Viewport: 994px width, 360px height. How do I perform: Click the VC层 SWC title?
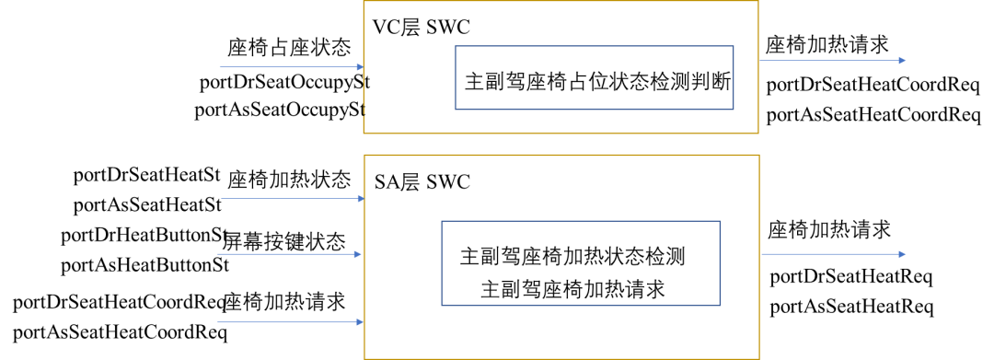[x=421, y=28]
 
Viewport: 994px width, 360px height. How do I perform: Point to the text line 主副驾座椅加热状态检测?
[x=572, y=256]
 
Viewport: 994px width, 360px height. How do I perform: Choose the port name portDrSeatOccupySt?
[x=283, y=83]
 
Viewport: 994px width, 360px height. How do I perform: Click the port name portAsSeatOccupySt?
[x=281, y=110]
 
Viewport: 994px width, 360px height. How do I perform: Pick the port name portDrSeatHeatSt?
[x=147, y=175]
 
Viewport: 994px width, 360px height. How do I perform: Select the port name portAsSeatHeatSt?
[x=147, y=203]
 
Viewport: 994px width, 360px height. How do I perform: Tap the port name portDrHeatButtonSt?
[x=144, y=236]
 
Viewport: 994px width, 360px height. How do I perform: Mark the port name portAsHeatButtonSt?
[x=144, y=266]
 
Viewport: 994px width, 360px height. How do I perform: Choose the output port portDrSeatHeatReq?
[x=851, y=276]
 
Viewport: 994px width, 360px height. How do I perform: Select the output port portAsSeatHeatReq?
[x=851, y=307]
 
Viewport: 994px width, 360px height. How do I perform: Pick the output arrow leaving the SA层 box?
[x=833, y=255]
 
